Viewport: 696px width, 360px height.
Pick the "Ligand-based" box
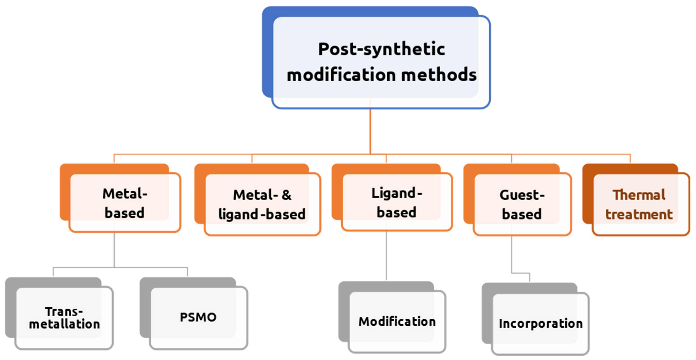[397, 203]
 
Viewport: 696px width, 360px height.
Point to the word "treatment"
[639, 214]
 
